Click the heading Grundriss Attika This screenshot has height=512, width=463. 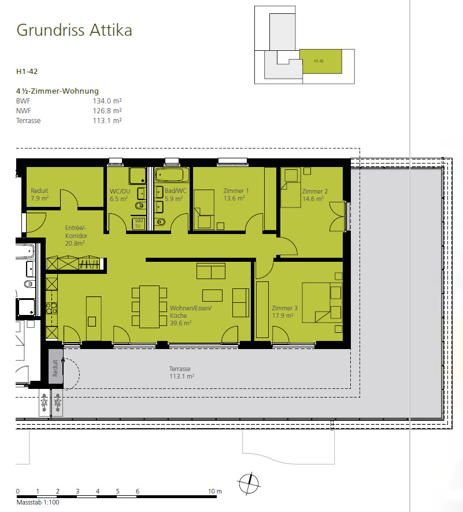(x=74, y=30)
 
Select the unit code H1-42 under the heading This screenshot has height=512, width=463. (x=27, y=72)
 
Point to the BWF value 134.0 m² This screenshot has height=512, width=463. (x=107, y=101)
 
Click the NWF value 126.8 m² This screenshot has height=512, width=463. (x=107, y=110)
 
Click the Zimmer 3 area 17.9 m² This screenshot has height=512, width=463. (x=283, y=316)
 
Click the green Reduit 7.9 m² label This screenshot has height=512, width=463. (x=39, y=194)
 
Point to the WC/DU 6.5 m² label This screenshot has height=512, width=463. (x=119, y=194)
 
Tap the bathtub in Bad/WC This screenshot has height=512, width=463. (x=172, y=175)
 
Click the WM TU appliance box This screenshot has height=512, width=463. (x=139, y=224)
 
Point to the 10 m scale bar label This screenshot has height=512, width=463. (x=215, y=491)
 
